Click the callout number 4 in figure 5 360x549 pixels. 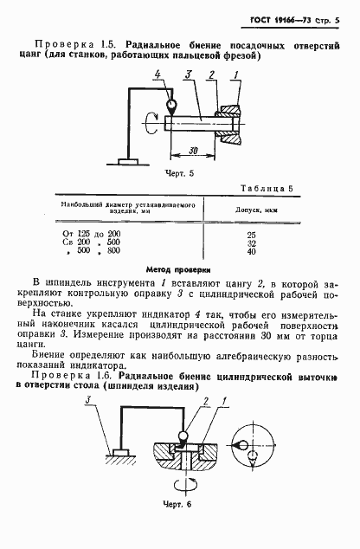[157, 77]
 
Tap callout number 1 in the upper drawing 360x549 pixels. [235, 77]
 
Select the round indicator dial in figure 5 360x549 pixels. [171, 107]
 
